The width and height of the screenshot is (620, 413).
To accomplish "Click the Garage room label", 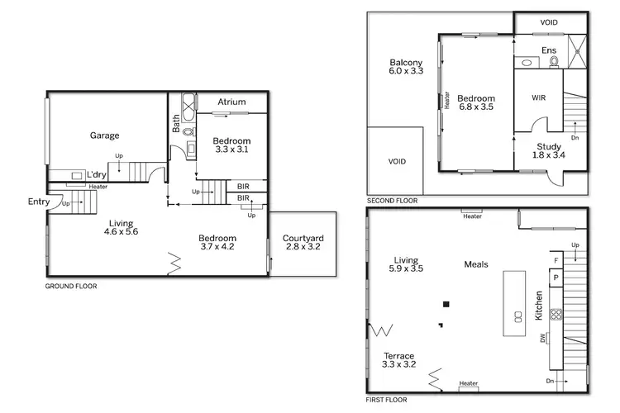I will click(105, 135).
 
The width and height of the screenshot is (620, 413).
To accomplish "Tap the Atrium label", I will click(232, 102).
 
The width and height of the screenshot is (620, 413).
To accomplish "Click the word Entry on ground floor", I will click(38, 202).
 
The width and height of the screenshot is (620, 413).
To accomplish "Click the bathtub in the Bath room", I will click(187, 105).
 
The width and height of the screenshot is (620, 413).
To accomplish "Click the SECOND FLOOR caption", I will click(393, 201).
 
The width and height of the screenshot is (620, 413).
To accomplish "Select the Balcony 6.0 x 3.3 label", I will click(406, 68).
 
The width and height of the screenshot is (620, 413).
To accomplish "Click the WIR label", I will click(538, 97).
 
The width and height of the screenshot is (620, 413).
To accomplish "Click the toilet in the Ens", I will click(553, 61).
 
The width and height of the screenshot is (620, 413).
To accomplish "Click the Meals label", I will click(475, 265).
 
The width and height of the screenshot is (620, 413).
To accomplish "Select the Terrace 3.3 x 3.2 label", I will click(398, 360).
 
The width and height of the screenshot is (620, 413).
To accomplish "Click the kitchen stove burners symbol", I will click(556, 314).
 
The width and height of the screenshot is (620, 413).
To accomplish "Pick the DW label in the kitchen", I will click(541, 338).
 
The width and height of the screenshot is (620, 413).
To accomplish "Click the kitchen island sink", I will click(518, 316).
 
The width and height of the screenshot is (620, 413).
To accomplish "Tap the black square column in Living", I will click(446, 304).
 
